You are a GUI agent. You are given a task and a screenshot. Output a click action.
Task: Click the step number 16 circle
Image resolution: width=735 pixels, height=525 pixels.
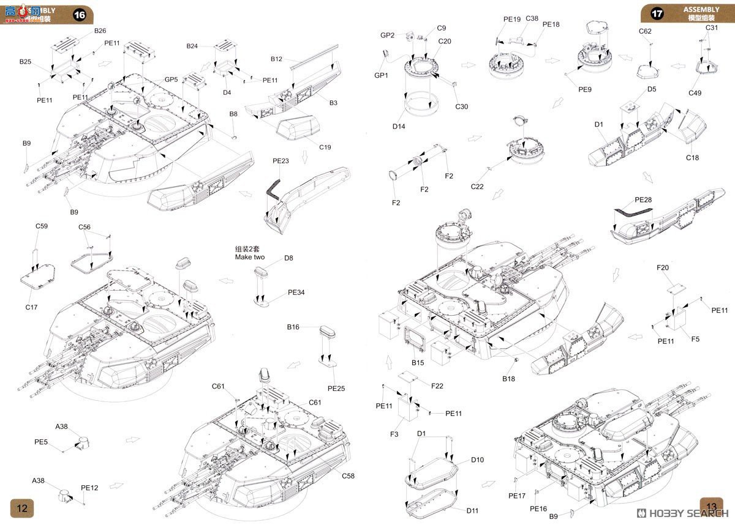click(x=80, y=16)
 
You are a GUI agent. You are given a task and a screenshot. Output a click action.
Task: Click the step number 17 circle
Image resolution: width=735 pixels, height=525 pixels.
click(x=657, y=13)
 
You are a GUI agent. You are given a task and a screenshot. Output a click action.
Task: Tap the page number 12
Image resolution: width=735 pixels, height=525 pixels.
click(x=22, y=508)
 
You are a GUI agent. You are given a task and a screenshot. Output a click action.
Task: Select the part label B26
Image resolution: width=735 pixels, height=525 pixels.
click(x=100, y=31)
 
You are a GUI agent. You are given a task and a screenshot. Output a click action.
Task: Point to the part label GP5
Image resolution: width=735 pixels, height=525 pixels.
click(x=171, y=80)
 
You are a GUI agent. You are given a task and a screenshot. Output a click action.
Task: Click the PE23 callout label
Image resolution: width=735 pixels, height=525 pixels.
click(x=281, y=161)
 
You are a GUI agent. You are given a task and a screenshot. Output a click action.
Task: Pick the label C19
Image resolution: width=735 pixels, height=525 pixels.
click(x=325, y=147)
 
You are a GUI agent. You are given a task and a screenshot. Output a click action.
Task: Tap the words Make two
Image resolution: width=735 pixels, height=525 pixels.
click(x=251, y=258)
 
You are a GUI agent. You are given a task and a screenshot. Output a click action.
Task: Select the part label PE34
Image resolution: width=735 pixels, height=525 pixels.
click(x=296, y=292)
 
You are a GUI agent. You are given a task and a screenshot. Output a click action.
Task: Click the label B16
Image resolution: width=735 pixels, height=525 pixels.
click(x=293, y=327)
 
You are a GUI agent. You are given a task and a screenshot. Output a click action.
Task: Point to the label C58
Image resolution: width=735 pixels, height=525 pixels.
click(x=348, y=475)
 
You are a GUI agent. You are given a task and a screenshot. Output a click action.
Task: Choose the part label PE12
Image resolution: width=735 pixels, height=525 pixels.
click(x=89, y=488)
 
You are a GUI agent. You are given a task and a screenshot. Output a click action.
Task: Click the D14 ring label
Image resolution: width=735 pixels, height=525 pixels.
click(x=399, y=127)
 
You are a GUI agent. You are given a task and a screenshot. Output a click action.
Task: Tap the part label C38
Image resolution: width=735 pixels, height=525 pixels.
click(x=532, y=18)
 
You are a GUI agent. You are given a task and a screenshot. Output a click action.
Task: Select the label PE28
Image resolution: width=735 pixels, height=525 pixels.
click(x=644, y=200)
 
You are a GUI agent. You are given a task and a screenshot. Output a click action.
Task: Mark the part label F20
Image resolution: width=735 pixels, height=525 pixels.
click(x=663, y=267)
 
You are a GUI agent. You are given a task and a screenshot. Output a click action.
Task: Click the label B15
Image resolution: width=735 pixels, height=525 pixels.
click(x=418, y=363)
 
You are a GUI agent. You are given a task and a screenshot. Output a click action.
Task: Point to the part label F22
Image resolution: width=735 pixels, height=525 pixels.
click(x=437, y=385)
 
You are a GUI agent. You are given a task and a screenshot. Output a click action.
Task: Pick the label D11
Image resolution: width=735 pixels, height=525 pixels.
click(x=472, y=510)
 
